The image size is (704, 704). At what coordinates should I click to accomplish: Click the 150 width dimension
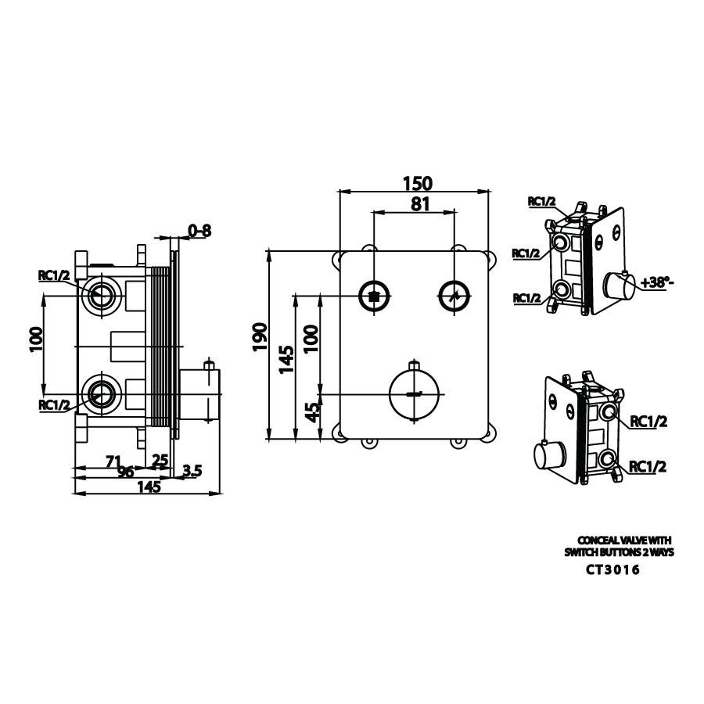pos(417,183)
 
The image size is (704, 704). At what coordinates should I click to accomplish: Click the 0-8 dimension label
pos(199,231)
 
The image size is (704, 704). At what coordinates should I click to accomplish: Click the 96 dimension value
pos(126,472)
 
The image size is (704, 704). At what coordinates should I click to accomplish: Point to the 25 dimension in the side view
pos(160,460)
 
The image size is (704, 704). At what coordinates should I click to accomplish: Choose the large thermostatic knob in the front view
pos(415,392)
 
